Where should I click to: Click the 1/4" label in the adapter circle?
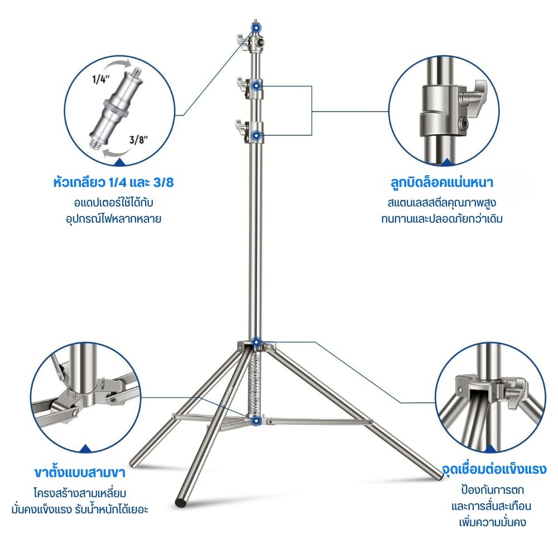[x=100, y=79]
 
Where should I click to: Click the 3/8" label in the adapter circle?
[x=138, y=140]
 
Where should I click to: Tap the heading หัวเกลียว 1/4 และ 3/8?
[x=113, y=182]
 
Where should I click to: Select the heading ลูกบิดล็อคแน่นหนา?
[x=441, y=182]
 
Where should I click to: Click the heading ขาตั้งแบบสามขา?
[x=80, y=472]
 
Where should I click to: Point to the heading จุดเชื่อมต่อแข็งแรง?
[x=494, y=469]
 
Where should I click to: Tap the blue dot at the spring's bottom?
[x=256, y=421]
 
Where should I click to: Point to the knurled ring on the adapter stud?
[x=116, y=108]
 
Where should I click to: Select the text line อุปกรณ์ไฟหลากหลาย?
[x=113, y=219]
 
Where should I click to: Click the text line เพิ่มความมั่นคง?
[x=493, y=523]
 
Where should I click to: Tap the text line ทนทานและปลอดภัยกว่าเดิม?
[x=441, y=219]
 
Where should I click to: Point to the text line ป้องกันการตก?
[x=493, y=490]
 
